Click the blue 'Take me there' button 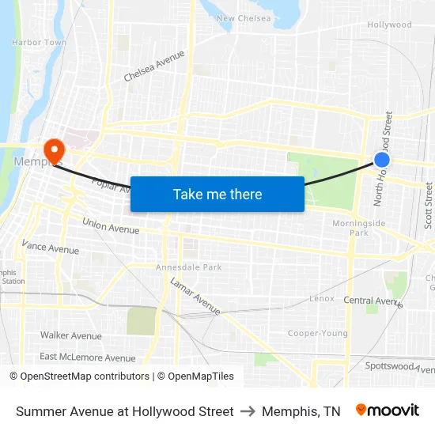(x=217, y=194)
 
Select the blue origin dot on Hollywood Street (x=382, y=160)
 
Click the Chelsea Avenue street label (x=154, y=66)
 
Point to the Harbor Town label (x=40, y=42)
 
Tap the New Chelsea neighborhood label (x=244, y=19)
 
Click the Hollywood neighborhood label (x=389, y=25)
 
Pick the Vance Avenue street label (x=51, y=248)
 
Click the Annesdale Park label (x=189, y=267)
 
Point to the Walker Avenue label (x=71, y=335)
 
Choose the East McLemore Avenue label (x=88, y=357)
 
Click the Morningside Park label (x=359, y=228)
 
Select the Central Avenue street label (x=373, y=301)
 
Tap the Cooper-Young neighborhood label (x=317, y=333)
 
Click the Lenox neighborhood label (x=322, y=300)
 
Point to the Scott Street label (x=429, y=205)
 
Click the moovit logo (x=387, y=410)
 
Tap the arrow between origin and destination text (x=248, y=411)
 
